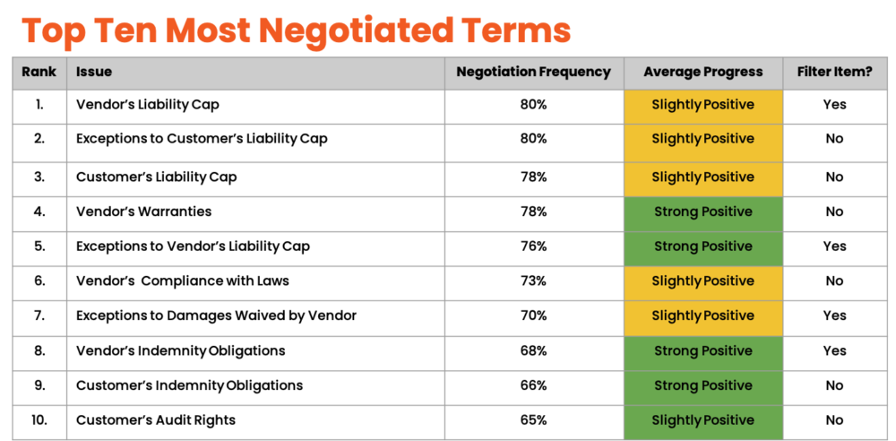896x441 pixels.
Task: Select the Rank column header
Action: click(x=39, y=72)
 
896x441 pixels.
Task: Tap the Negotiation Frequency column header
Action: click(x=534, y=72)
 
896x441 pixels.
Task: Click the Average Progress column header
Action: click(x=702, y=72)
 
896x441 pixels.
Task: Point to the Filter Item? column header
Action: click(x=834, y=72)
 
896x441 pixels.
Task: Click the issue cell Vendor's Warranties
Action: click(x=144, y=212)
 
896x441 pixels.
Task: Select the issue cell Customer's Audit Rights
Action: click(x=156, y=419)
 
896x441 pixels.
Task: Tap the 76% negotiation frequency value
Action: click(x=534, y=246)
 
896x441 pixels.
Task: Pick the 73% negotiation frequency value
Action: click(x=534, y=281)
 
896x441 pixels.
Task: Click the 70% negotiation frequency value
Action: click(x=534, y=316)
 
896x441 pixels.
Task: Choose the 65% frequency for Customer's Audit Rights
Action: click(x=534, y=419)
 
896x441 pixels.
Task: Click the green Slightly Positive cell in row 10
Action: click(x=702, y=420)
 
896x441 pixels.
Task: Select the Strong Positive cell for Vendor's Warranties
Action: click(x=702, y=212)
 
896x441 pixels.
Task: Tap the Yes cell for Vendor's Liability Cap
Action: click(x=834, y=105)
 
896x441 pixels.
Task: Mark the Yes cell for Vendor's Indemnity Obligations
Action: click(x=834, y=350)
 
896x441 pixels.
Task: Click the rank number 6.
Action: click(x=39, y=281)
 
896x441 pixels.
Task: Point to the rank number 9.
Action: click(x=39, y=385)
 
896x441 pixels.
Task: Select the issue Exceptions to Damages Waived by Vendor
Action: click(x=217, y=316)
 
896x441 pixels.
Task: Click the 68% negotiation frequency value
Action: click(x=534, y=350)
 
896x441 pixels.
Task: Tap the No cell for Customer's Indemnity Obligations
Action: click(x=834, y=385)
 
